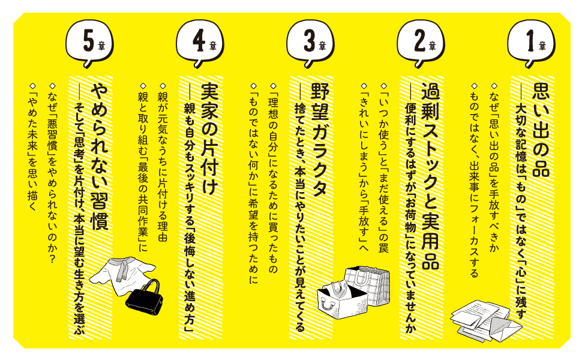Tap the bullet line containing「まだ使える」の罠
(x=384, y=168)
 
